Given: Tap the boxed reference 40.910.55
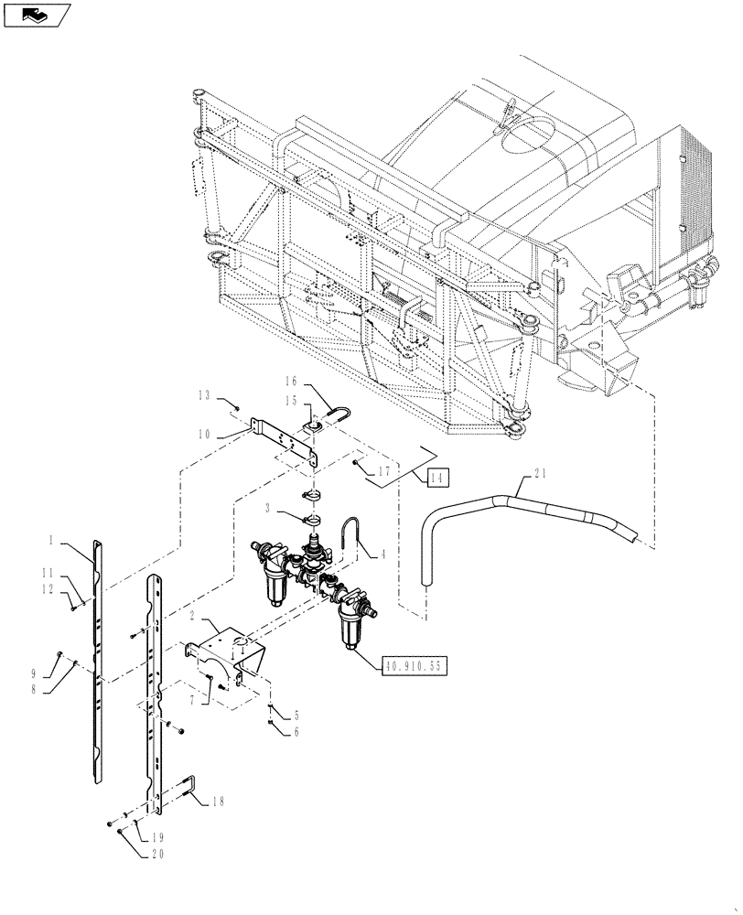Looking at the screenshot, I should (414, 666).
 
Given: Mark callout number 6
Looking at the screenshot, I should (295, 731).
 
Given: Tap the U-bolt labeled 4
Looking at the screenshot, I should (349, 532).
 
